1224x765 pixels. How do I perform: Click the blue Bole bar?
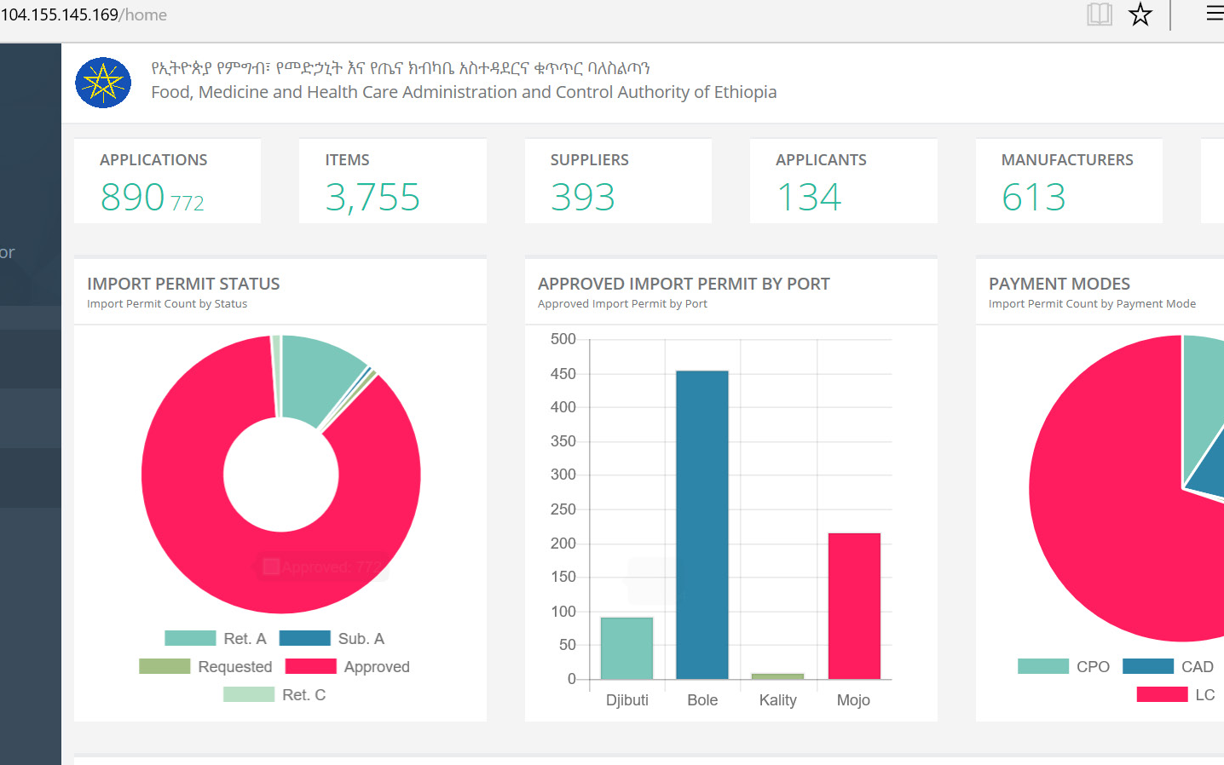(701, 524)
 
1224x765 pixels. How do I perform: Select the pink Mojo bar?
(853, 605)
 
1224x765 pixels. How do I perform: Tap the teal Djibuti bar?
(626, 647)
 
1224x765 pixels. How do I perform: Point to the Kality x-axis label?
(777, 700)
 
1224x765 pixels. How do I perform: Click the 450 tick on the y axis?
(563, 374)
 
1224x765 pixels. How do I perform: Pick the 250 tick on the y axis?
(563, 509)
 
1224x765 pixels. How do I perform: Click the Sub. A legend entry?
(332, 639)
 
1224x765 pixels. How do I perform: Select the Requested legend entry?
(206, 667)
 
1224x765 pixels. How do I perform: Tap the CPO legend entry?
(1065, 667)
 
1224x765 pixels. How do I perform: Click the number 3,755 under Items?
(372, 198)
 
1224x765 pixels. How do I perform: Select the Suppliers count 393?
(583, 198)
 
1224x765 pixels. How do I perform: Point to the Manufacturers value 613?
(1033, 198)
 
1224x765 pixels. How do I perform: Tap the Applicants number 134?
(809, 198)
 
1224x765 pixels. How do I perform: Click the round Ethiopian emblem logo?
(103, 83)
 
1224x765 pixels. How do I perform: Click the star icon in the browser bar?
(1140, 14)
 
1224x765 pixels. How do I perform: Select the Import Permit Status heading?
(183, 284)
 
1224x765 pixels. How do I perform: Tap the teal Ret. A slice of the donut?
(320, 375)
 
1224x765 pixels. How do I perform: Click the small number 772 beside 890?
(188, 204)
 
